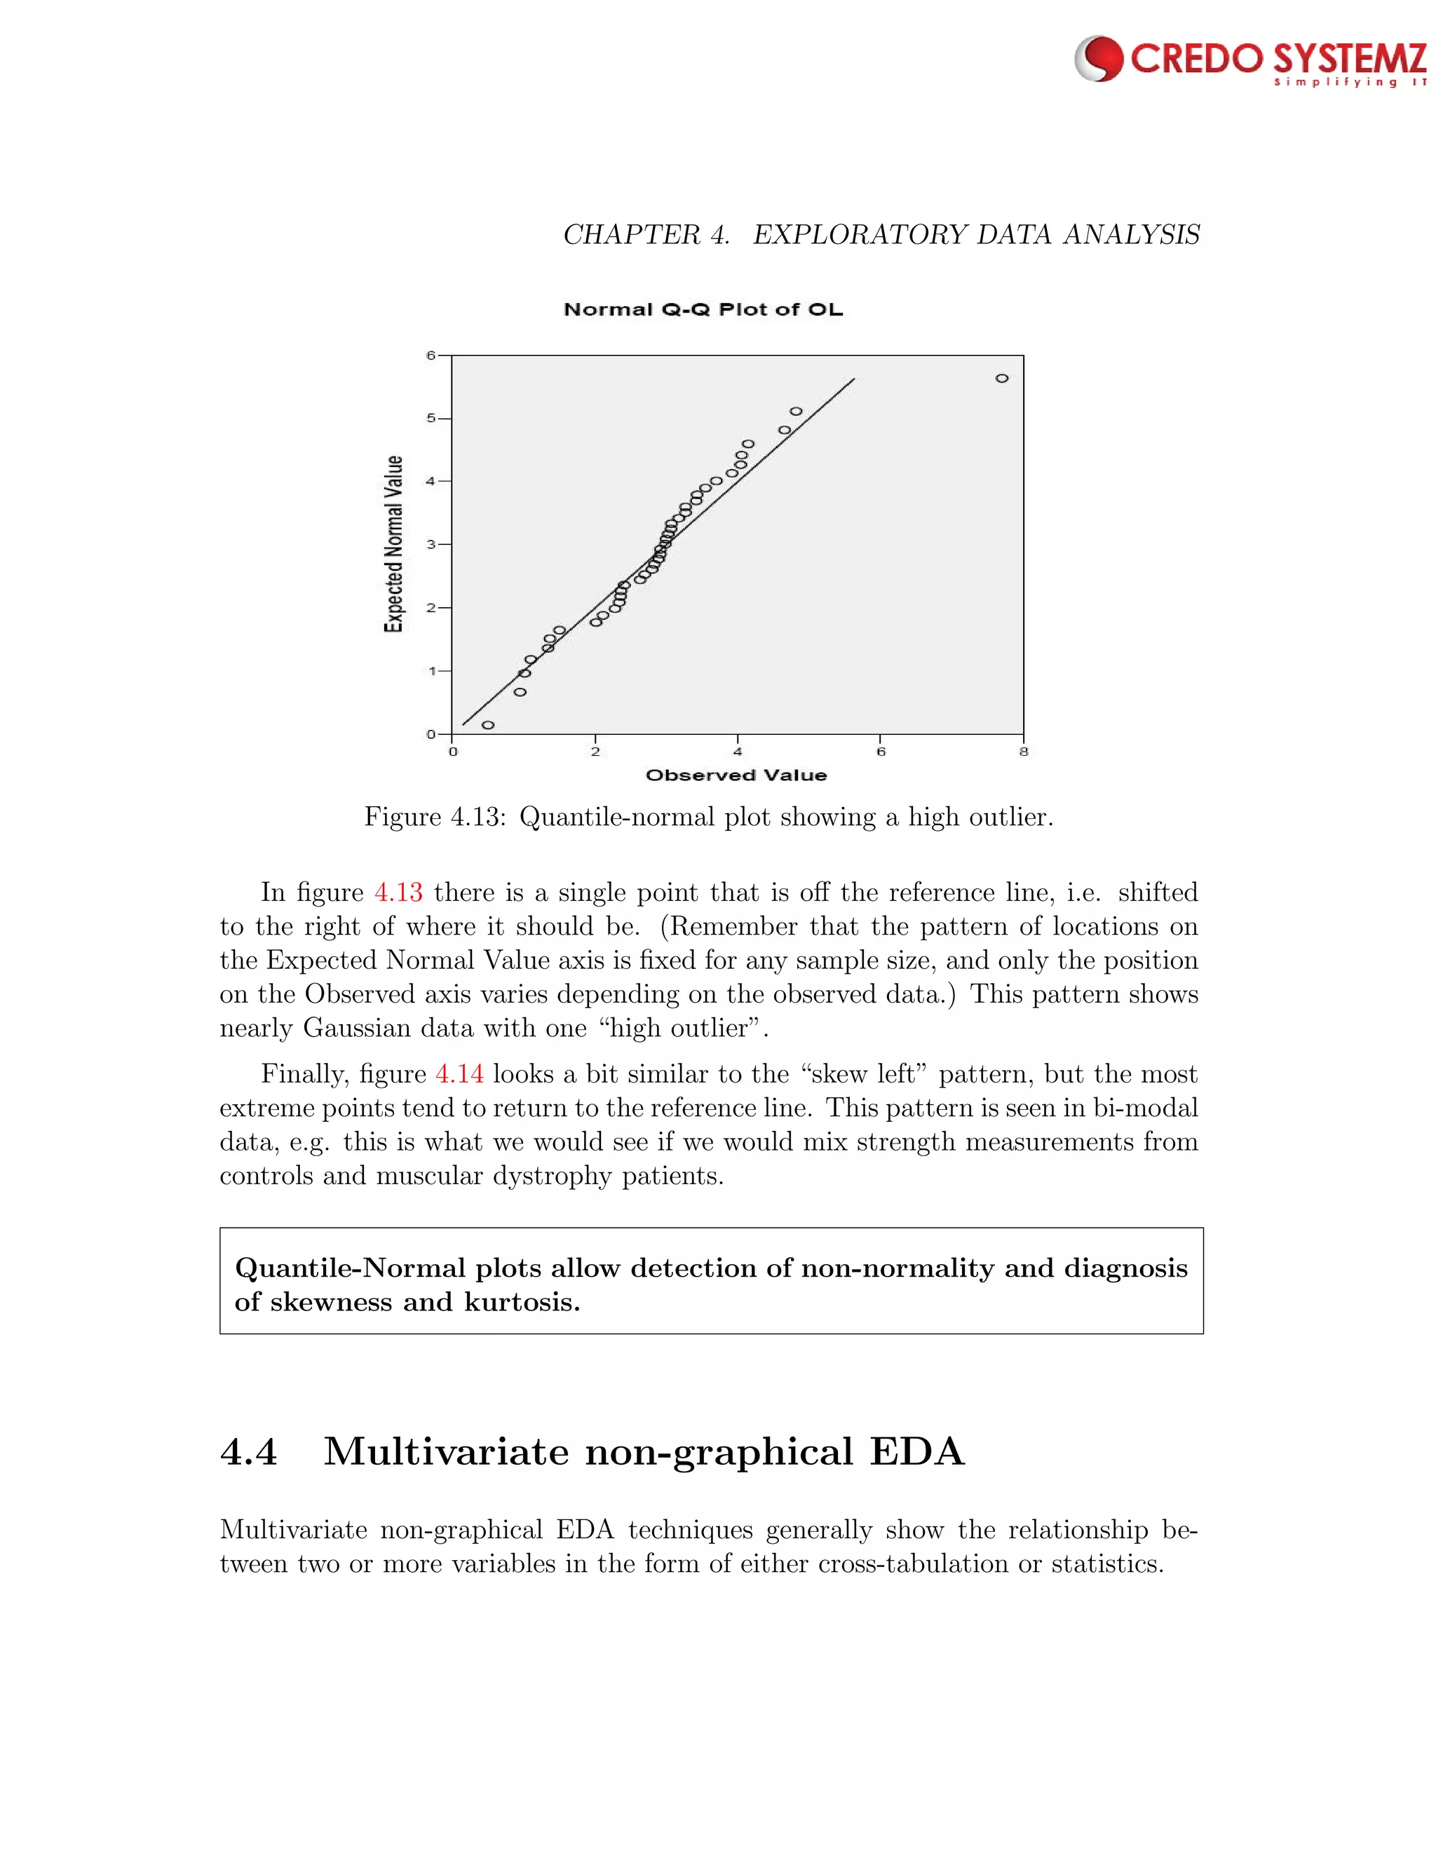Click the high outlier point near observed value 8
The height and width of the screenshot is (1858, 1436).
[x=1001, y=379]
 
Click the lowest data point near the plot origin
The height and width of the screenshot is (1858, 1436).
[x=487, y=725]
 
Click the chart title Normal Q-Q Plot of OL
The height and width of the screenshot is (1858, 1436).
[x=703, y=310]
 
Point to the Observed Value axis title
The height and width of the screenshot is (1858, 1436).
[x=736, y=775]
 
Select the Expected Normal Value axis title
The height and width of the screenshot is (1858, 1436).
[x=393, y=545]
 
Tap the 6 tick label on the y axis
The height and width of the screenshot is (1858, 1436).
[x=431, y=355]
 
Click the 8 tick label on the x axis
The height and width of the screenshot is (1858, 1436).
[x=1024, y=752]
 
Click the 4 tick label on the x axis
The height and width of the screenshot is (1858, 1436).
[x=738, y=752]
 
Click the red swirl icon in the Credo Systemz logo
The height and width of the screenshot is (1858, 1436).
[x=1099, y=59]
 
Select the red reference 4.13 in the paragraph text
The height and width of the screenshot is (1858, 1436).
[x=398, y=893]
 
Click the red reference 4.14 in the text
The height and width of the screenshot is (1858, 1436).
[x=459, y=1074]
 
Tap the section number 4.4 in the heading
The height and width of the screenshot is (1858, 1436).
[x=248, y=1452]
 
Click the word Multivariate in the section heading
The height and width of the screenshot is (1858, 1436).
[x=446, y=1452]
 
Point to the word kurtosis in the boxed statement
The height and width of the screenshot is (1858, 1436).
[x=521, y=1303]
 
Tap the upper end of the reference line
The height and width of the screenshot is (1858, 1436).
[x=853, y=379]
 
